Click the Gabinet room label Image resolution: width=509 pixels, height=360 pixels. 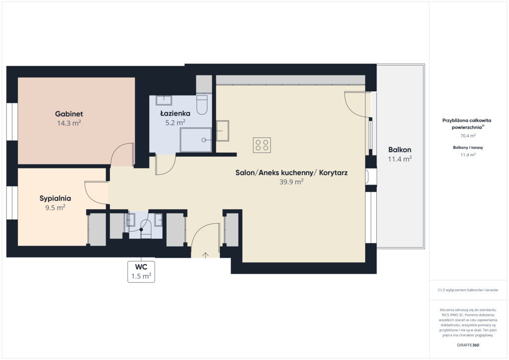pos(69,114)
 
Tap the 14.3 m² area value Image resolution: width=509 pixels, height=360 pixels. pos(69,123)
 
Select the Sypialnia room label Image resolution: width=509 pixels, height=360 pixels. pos(55,198)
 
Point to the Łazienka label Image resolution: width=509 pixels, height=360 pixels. pos(175,113)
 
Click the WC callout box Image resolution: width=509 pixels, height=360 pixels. pos(141,271)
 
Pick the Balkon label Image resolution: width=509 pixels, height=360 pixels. pos(400,150)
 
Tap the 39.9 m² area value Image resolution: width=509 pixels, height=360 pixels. pos(291,182)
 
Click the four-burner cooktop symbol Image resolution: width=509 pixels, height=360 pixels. pos(262,145)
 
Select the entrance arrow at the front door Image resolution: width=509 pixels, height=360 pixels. pos(205,256)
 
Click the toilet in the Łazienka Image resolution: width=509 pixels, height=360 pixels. pos(202,104)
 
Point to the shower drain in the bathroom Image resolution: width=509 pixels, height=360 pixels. pos(204,140)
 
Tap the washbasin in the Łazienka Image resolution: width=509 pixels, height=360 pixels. pos(164,100)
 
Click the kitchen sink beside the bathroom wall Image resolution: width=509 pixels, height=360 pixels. pos(223,131)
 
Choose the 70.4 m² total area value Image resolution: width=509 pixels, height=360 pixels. pos(468,136)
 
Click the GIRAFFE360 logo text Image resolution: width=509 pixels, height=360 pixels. pos(468,345)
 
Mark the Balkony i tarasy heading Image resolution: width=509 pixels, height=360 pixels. pos(468,147)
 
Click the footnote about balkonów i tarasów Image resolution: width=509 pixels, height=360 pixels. pos(468,290)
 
